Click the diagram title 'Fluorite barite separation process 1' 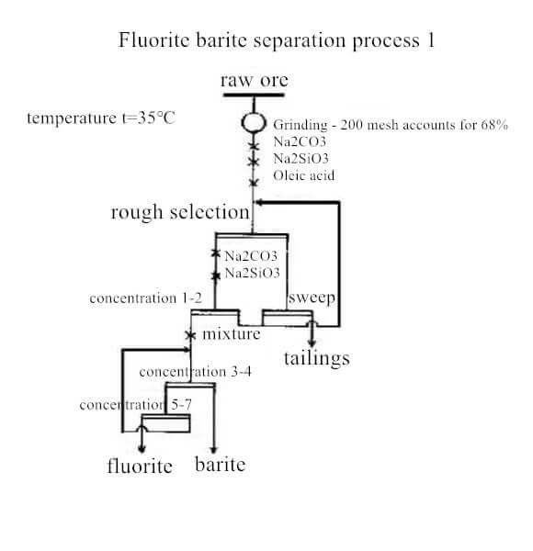(x=277, y=40)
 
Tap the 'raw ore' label (x=255, y=81)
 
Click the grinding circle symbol (x=254, y=123)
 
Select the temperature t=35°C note (x=101, y=118)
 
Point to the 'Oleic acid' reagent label (x=304, y=175)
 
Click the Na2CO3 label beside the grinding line (x=300, y=141)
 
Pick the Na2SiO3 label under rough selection (x=253, y=273)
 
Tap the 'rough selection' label (x=180, y=213)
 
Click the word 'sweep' (x=312, y=298)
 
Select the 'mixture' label (x=232, y=334)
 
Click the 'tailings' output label (x=317, y=359)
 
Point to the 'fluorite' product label (x=140, y=466)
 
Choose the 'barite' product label (x=220, y=464)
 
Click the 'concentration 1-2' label (x=145, y=298)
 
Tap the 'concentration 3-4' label (x=196, y=372)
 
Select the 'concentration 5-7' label (x=136, y=405)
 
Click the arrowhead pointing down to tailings (x=312, y=343)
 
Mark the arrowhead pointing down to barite (x=214, y=450)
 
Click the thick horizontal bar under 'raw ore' (x=254, y=95)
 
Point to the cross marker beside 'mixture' (x=190, y=335)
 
